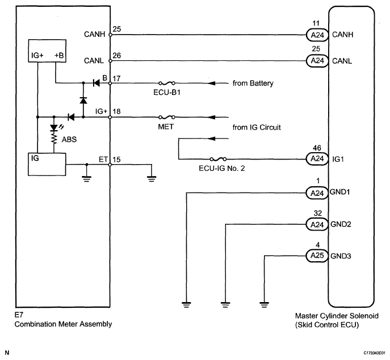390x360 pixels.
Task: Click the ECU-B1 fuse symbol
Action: [x=167, y=83]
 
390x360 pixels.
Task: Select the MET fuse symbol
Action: [x=167, y=117]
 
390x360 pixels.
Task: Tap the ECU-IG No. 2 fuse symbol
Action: [x=218, y=159]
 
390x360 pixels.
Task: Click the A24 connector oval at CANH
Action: [x=317, y=35]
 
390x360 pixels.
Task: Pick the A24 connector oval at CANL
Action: [x=317, y=61]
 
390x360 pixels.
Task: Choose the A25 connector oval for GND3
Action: [x=317, y=256]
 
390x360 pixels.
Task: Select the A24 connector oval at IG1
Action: [x=317, y=159]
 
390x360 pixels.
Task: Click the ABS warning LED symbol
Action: [x=54, y=128]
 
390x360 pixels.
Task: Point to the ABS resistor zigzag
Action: [x=54, y=139]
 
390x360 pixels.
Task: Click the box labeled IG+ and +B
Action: [x=47, y=51]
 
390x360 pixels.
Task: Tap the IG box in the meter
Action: [x=47, y=165]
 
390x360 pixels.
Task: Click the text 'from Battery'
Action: [x=253, y=83]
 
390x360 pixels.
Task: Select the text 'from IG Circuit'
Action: [x=257, y=127]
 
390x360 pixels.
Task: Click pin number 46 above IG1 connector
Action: [x=317, y=148]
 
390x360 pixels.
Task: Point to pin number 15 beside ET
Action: [x=116, y=160]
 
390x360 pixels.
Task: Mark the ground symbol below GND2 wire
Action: [x=225, y=305]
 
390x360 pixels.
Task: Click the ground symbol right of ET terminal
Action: [x=152, y=179]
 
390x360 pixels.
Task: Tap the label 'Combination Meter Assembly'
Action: [x=63, y=324]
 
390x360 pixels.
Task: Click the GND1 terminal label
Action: [x=339, y=192]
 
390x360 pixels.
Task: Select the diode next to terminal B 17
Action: [x=97, y=83]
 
